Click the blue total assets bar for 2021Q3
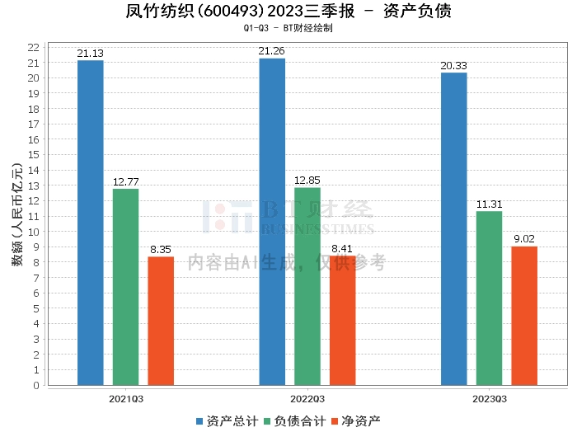(x=91, y=223)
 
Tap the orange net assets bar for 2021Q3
(x=162, y=321)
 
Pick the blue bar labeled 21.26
(x=272, y=222)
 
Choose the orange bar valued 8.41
(x=343, y=321)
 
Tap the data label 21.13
(x=91, y=54)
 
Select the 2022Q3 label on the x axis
(x=307, y=399)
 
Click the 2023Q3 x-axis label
(x=489, y=399)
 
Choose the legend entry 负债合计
(x=294, y=420)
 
